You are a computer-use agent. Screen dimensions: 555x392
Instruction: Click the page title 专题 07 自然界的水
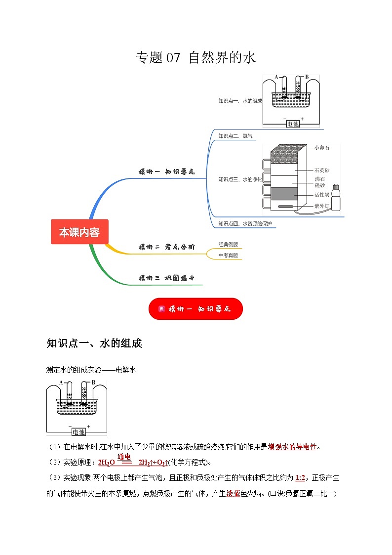pyautogui.click(x=196, y=58)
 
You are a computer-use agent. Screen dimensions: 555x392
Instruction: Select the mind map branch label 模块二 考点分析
pyautogui.click(x=166, y=247)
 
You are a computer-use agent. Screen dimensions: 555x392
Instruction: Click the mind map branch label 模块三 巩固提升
pyautogui.click(x=166, y=278)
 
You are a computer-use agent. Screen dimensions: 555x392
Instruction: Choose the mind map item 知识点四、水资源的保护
pyautogui.click(x=245, y=224)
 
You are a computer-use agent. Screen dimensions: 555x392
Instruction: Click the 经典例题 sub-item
pyautogui.click(x=228, y=244)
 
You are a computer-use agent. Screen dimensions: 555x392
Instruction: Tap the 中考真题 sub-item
pyautogui.click(x=228, y=256)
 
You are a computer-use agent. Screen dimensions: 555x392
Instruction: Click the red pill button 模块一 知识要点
pyautogui.click(x=196, y=309)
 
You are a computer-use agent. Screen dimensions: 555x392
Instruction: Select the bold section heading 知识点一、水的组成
pyautogui.click(x=94, y=343)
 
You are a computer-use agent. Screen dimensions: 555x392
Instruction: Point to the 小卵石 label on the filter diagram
pyautogui.click(x=321, y=147)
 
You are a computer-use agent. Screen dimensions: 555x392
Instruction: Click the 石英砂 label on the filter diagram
pyautogui.click(x=321, y=170)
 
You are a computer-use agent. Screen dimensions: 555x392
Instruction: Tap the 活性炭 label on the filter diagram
pyautogui.click(x=321, y=195)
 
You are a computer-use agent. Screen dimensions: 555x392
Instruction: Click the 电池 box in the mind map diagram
pyautogui.click(x=293, y=124)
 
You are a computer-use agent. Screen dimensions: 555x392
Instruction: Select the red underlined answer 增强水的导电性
pyautogui.click(x=292, y=447)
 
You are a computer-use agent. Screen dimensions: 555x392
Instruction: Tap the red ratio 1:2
pyautogui.click(x=300, y=478)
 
